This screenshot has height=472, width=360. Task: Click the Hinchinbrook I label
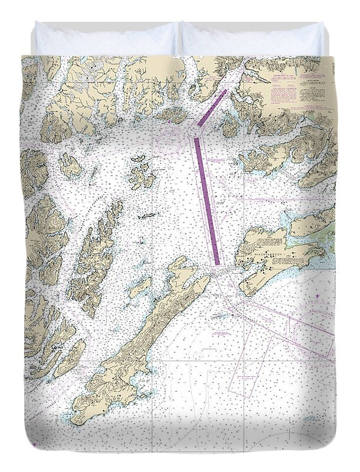coord(273,255)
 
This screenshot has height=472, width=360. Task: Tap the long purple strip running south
coord(207,201)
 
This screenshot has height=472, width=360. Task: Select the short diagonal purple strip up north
coord(211,107)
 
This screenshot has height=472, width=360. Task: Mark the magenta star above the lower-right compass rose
coord(318,295)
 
